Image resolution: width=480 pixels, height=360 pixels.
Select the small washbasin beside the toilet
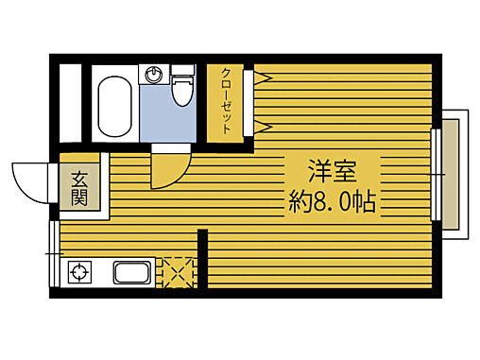(155, 75)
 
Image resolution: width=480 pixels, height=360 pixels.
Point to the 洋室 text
(332, 173)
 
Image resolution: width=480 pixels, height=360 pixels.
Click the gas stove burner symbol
(78, 275)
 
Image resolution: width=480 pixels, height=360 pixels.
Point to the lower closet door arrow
(260, 125)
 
